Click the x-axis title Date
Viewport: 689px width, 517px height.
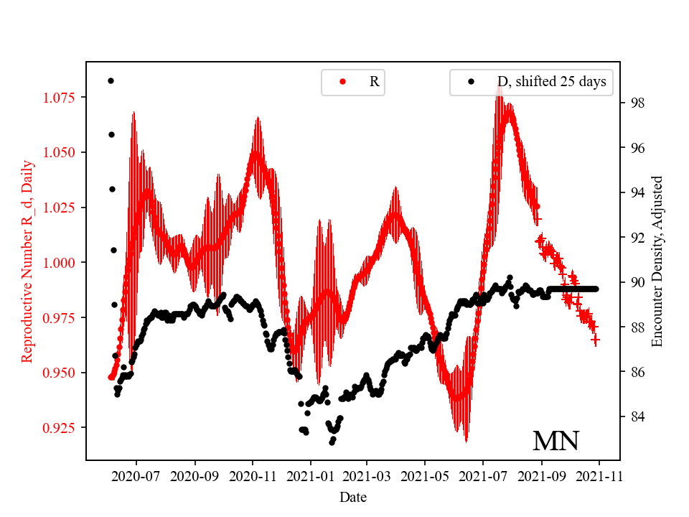[353, 496]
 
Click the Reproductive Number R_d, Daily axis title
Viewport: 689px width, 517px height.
[27, 261]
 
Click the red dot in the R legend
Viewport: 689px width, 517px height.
[342, 82]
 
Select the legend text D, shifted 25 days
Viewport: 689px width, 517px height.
[551, 82]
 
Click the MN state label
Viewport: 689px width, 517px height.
[556, 442]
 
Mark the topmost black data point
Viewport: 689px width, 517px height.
[111, 80]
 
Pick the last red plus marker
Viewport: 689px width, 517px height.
[595, 340]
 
